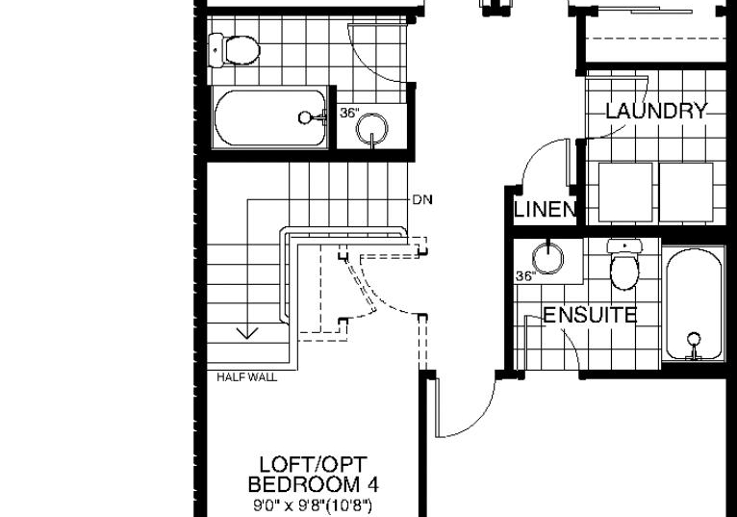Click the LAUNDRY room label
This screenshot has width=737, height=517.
click(656, 111)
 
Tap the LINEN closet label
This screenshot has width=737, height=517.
click(546, 209)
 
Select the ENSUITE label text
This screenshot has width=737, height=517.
click(590, 315)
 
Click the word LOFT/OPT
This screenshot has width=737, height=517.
click(313, 465)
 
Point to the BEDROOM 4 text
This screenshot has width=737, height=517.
click(313, 484)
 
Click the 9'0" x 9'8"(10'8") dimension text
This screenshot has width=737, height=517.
click(313, 506)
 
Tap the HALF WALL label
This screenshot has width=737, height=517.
click(246, 376)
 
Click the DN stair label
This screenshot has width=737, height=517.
click(422, 200)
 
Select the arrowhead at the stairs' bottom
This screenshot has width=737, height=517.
click(246, 333)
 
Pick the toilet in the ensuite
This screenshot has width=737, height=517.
click(624, 265)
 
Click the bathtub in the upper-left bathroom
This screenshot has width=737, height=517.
click(270, 117)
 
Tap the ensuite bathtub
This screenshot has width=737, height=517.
click(694, 305)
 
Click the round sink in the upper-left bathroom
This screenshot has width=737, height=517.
click(372, 127)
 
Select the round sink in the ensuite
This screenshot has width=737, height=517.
click(547, 258)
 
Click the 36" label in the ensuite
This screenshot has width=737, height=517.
click(525, 276)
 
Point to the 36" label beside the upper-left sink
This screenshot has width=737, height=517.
click(349, 113)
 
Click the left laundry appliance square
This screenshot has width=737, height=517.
click(625, 192)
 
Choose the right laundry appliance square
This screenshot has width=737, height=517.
click(686, 192)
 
